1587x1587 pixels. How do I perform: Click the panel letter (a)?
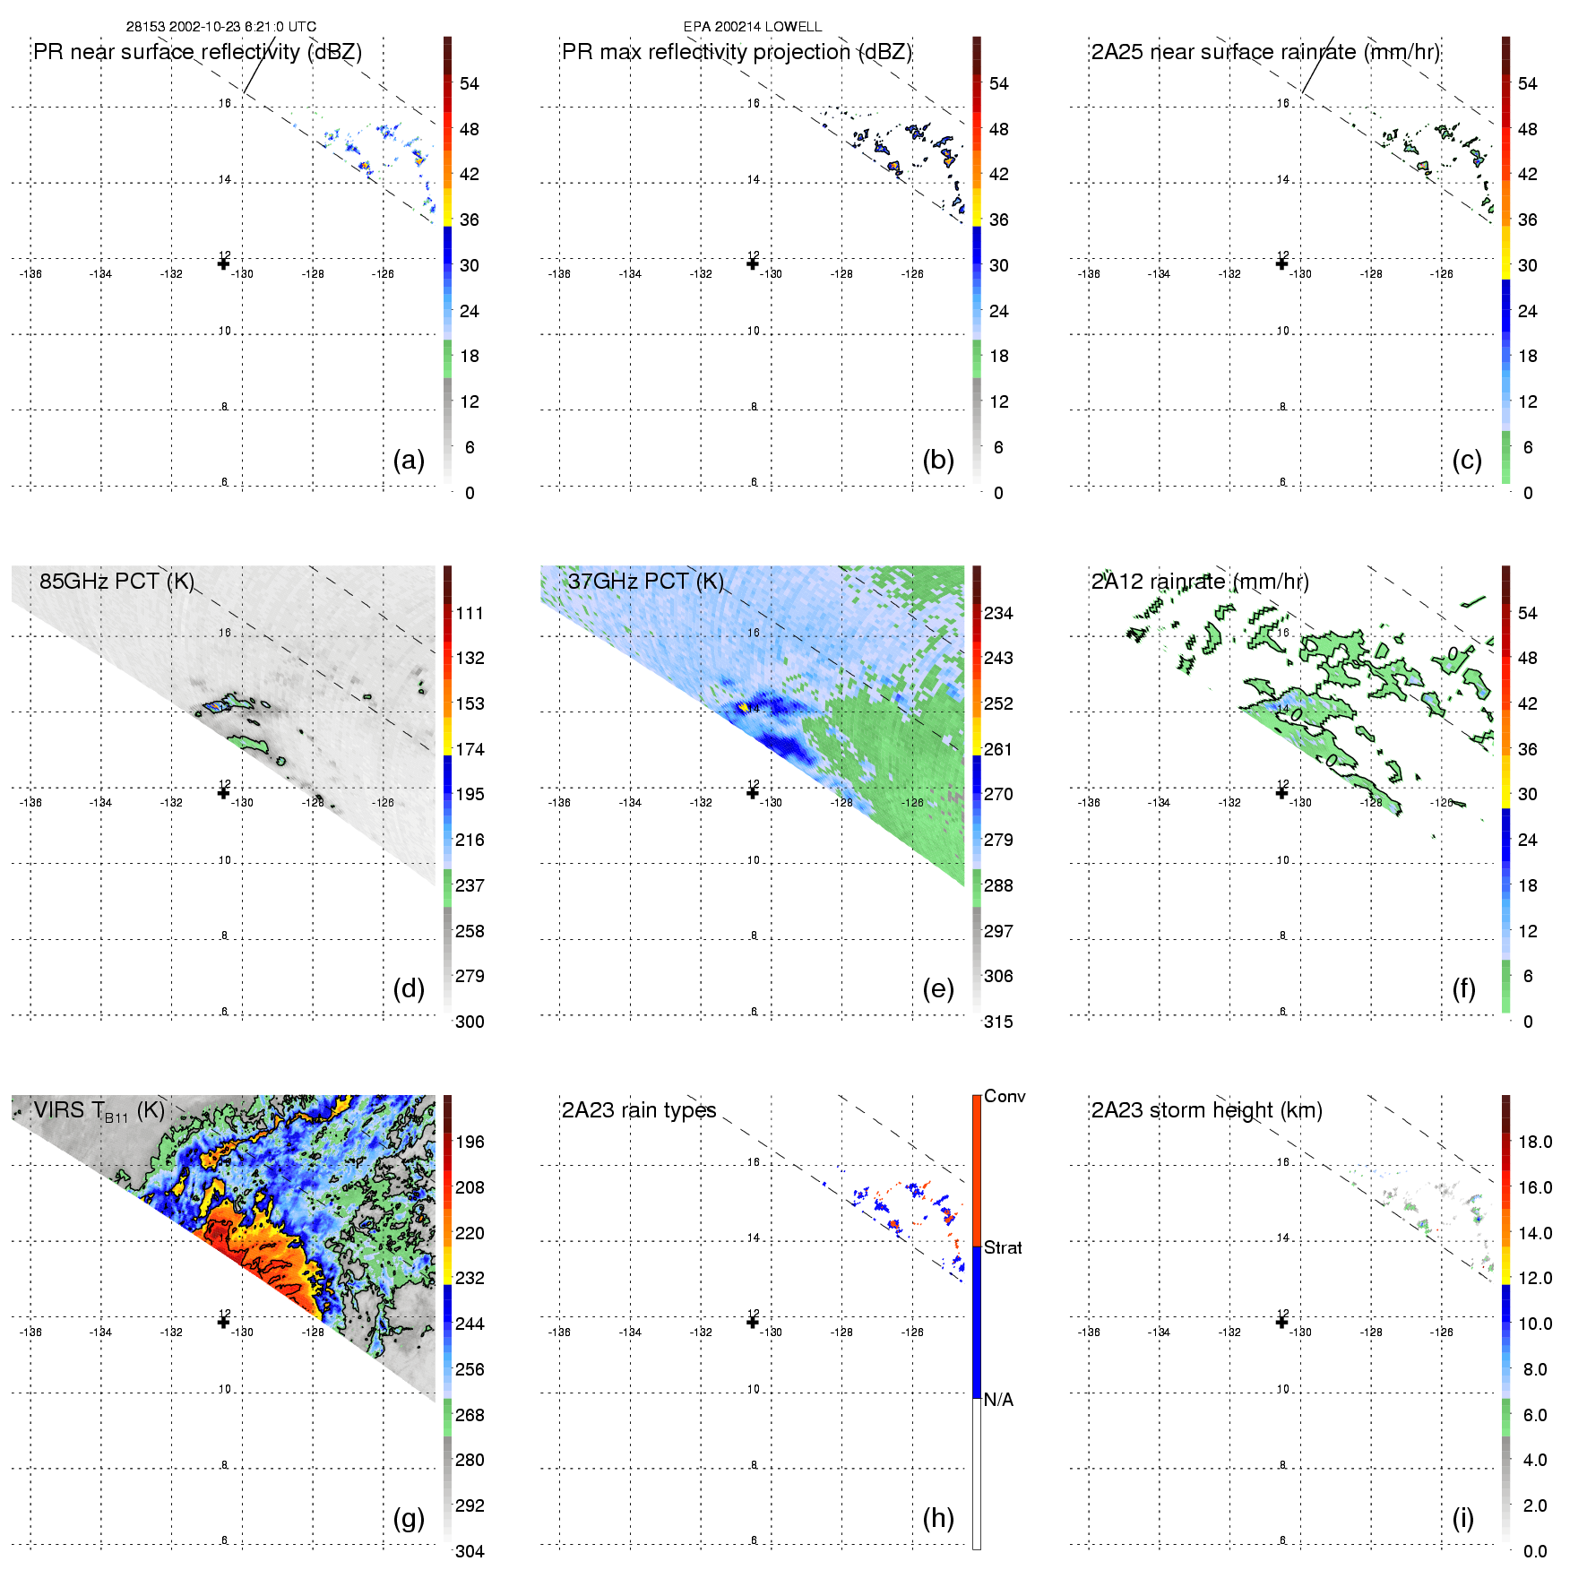(x=409, y=461)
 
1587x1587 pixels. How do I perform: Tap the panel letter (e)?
(x=937, y=989)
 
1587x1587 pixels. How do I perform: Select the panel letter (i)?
(x=1462, y=1518)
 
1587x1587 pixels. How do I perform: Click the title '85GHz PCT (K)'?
(x=116, y=581)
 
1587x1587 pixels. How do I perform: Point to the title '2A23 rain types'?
(x=639, y=1110)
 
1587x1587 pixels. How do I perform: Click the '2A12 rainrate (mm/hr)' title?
(x=1200, y=581)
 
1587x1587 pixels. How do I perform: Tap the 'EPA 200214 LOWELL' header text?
(x=753, y=27)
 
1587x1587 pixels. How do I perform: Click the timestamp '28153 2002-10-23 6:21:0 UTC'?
(x=221, y=27)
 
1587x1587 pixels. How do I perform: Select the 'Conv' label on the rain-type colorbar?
(x=1005, y=1096)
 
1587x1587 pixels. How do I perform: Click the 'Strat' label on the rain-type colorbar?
(x=1003, y=1247)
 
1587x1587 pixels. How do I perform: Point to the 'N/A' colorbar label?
(x=998, y=1400)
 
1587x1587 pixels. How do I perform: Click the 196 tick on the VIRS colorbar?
(x=470, y=1142)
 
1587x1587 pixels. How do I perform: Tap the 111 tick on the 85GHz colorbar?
(x=470, y=613)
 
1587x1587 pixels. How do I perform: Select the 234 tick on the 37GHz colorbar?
(x=998, y=613)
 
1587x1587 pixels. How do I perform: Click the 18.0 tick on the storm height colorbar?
(x=1535, y=1142)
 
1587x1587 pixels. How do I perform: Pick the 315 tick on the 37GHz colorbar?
(x=998, y=1022)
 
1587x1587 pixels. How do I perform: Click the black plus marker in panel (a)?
(x=223, y=263)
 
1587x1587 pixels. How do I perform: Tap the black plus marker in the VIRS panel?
(x=223, y=1322)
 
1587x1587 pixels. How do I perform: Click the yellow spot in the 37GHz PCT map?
(x=744, y=707)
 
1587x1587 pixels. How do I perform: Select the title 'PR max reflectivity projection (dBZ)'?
(x=737, y=52)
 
